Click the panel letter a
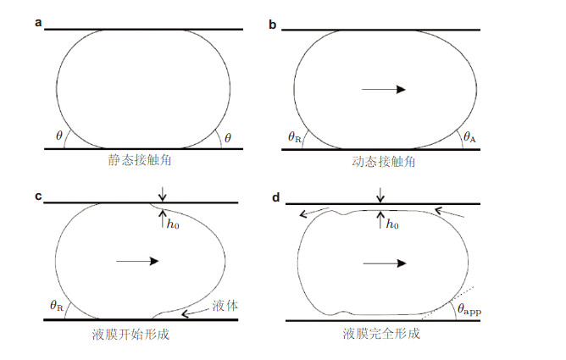coord(38,23)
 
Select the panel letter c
coord(38,197)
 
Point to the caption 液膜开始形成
coord(131,334)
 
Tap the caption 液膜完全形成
coord(382,334)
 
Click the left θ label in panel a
coord(58,135)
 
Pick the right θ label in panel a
coord(228,135)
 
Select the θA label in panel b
coord(469,136)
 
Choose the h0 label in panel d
coord(394,225)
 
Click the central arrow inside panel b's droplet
coord(382,88)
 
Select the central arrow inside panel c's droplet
coord(136,262)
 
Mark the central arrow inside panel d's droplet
coord(383,263)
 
